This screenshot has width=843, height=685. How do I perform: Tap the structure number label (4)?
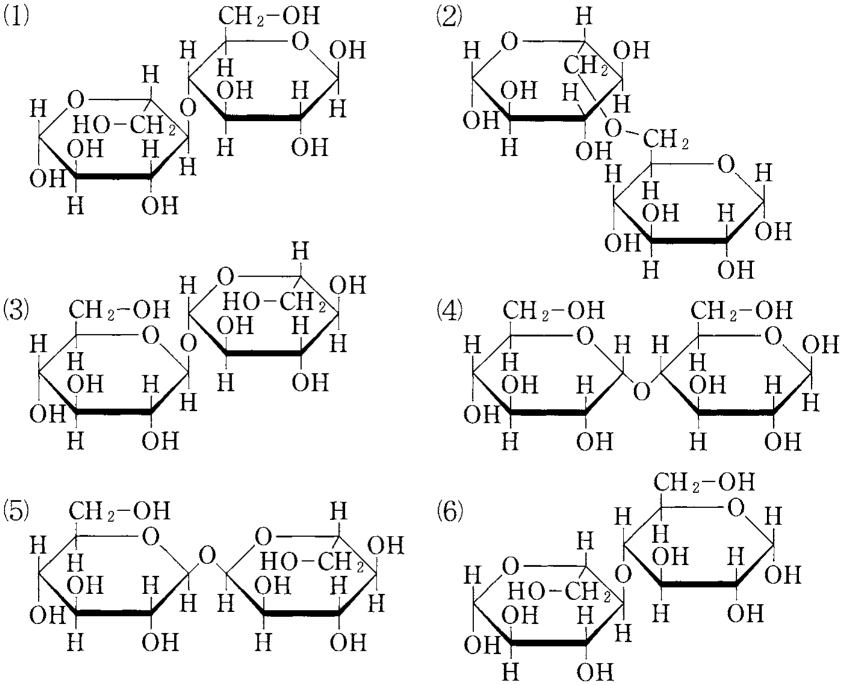tap(449, 312)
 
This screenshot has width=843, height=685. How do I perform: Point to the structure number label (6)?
tap(449, 513)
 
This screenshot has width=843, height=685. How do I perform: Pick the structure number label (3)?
tap(16, 312)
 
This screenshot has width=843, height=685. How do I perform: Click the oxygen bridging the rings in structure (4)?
tap(641, 391)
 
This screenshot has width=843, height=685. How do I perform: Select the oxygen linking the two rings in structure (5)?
tap(206, 555)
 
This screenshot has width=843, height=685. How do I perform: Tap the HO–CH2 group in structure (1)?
tap(125, 126)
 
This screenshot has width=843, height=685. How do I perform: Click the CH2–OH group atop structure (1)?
tap(269, 17)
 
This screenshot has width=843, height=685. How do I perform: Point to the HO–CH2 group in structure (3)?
tap(274, 303)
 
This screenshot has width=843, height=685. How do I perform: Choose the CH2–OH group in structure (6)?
tap(704, 482)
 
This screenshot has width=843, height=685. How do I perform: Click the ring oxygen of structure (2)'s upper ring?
tap(510, 42)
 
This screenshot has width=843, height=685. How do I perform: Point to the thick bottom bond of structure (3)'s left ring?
tap(113, 412)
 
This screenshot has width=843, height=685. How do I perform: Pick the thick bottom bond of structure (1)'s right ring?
tap(263, 117)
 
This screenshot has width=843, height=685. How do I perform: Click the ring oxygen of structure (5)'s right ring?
tap(263, 536)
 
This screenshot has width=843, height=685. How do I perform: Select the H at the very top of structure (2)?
tap(584, 17)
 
